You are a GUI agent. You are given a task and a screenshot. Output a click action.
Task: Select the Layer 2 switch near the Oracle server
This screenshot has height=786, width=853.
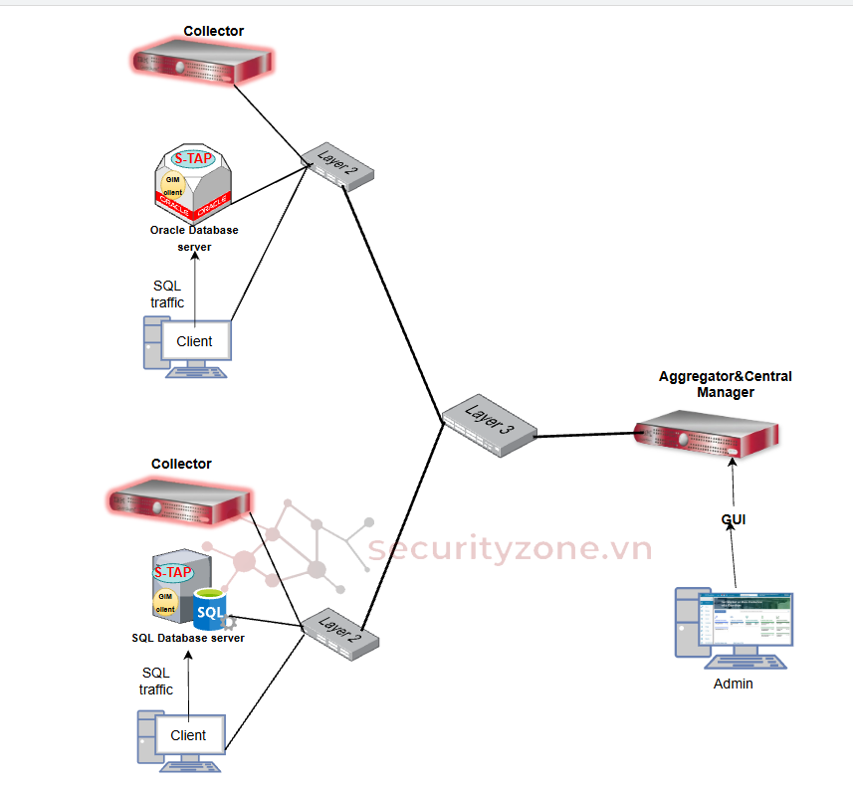[x=337, y=165]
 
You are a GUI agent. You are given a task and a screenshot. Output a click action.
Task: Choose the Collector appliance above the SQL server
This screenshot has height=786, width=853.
[x=178, y=498]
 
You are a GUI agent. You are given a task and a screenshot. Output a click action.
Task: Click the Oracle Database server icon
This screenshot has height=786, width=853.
[x=194, y=184]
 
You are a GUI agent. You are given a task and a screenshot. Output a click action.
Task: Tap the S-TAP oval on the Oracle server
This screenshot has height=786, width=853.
[x=193, y=158]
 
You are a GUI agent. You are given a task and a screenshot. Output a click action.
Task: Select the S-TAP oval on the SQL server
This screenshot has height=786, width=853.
[x=173, y=572]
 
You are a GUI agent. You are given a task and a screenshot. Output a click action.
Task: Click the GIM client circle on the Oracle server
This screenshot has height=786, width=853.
[x=172, y=185]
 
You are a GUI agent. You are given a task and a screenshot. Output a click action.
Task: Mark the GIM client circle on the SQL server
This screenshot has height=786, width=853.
[x=165, y=602]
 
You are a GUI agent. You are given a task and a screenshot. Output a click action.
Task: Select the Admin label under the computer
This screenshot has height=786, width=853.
[x=734, y=684]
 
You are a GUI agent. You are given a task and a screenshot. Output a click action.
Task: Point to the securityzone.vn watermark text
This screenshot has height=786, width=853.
[x=510, y=549]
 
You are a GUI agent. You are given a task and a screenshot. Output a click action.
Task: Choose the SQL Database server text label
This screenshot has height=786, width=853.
[x=188, y=638]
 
